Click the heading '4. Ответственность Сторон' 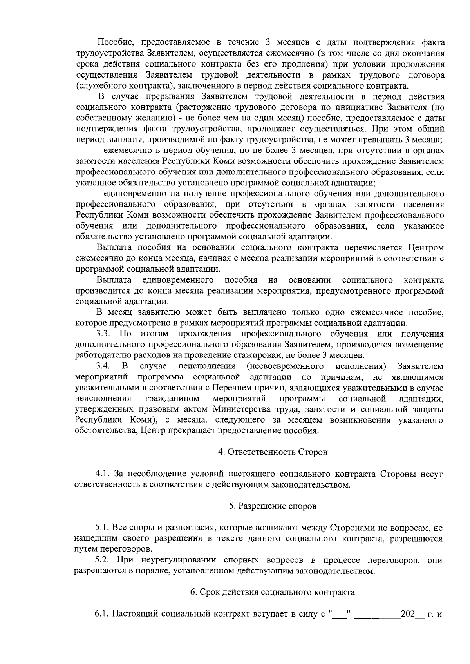pos(273,452)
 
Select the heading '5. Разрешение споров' pos(273,506)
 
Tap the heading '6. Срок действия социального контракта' pos(273,592)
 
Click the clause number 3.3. pos(105,334)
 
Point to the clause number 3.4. pos(105,366)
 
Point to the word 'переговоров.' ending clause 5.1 pos(113,549)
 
